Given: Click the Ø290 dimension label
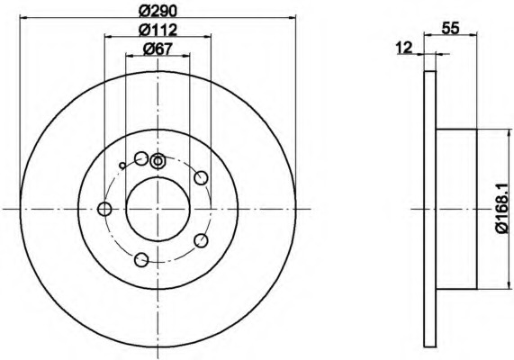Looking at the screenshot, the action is pyautogui.click(x=158, y=11).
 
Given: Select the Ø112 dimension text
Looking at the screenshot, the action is pyautogui.click(x=158, y=31).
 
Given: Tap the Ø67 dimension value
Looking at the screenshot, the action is pyautogui.click(x=158, y=49).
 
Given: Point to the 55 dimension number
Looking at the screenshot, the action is pyautogui.click(x=450, y=29).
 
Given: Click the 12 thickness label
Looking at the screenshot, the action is pyautogui.click(x=403, y=48).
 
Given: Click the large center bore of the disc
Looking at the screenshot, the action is pyautogui.click(x=158, y=209).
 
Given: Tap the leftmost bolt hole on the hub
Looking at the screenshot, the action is pyautogui.click(x=104, y=209).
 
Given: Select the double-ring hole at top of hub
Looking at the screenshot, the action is pyautogui.click(x=158, y=161).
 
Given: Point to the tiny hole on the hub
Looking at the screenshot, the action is pyautogui.click(x=122, y=166).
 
